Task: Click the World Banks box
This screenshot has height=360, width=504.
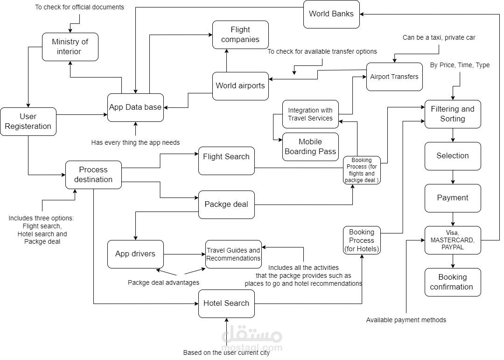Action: coord(331,14)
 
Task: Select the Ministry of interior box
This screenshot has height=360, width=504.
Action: coord(70,47)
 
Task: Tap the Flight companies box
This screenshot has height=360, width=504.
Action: coord(240,35)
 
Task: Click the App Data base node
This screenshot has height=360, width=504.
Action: coord(135,107)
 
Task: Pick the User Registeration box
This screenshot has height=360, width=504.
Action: coord(28,121)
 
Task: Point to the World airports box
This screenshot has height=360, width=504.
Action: coord(240,86)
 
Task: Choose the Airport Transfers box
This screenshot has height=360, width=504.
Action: coord(394,77)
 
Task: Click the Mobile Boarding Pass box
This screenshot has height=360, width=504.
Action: coord(310,147)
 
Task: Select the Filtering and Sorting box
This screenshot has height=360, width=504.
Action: coord(452,114)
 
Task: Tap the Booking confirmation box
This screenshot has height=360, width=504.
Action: coord(452,282)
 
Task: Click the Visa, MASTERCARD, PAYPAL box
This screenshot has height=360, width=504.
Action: coord(452,240)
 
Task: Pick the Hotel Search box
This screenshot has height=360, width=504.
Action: coord(226,304)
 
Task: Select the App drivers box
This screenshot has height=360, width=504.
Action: coord(135,254)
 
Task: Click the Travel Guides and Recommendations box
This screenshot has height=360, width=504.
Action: coord(233,254)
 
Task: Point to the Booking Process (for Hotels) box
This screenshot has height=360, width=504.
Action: coord(362,240)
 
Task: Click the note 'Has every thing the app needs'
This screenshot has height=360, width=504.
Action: coord(135,142)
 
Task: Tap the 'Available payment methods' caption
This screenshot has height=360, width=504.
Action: coord(406,320)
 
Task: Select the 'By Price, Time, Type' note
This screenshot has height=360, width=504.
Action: coord(459,65)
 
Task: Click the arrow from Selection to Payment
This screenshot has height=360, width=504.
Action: coord(453,177)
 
